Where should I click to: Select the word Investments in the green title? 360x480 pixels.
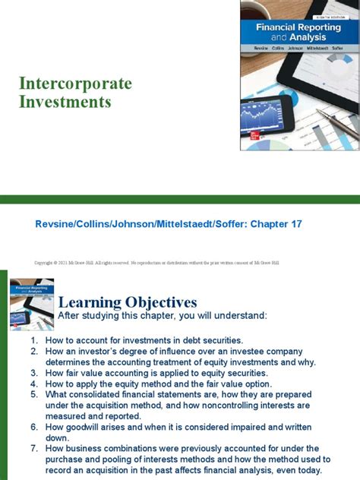(66, 101)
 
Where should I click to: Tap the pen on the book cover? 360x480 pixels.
(334, 121)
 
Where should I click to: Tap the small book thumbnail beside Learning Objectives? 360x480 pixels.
(31, 303)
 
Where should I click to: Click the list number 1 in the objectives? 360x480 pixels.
(34, 340)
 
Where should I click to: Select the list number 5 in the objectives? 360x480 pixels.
(34, 394)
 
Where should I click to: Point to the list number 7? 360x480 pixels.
(34, 448)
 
